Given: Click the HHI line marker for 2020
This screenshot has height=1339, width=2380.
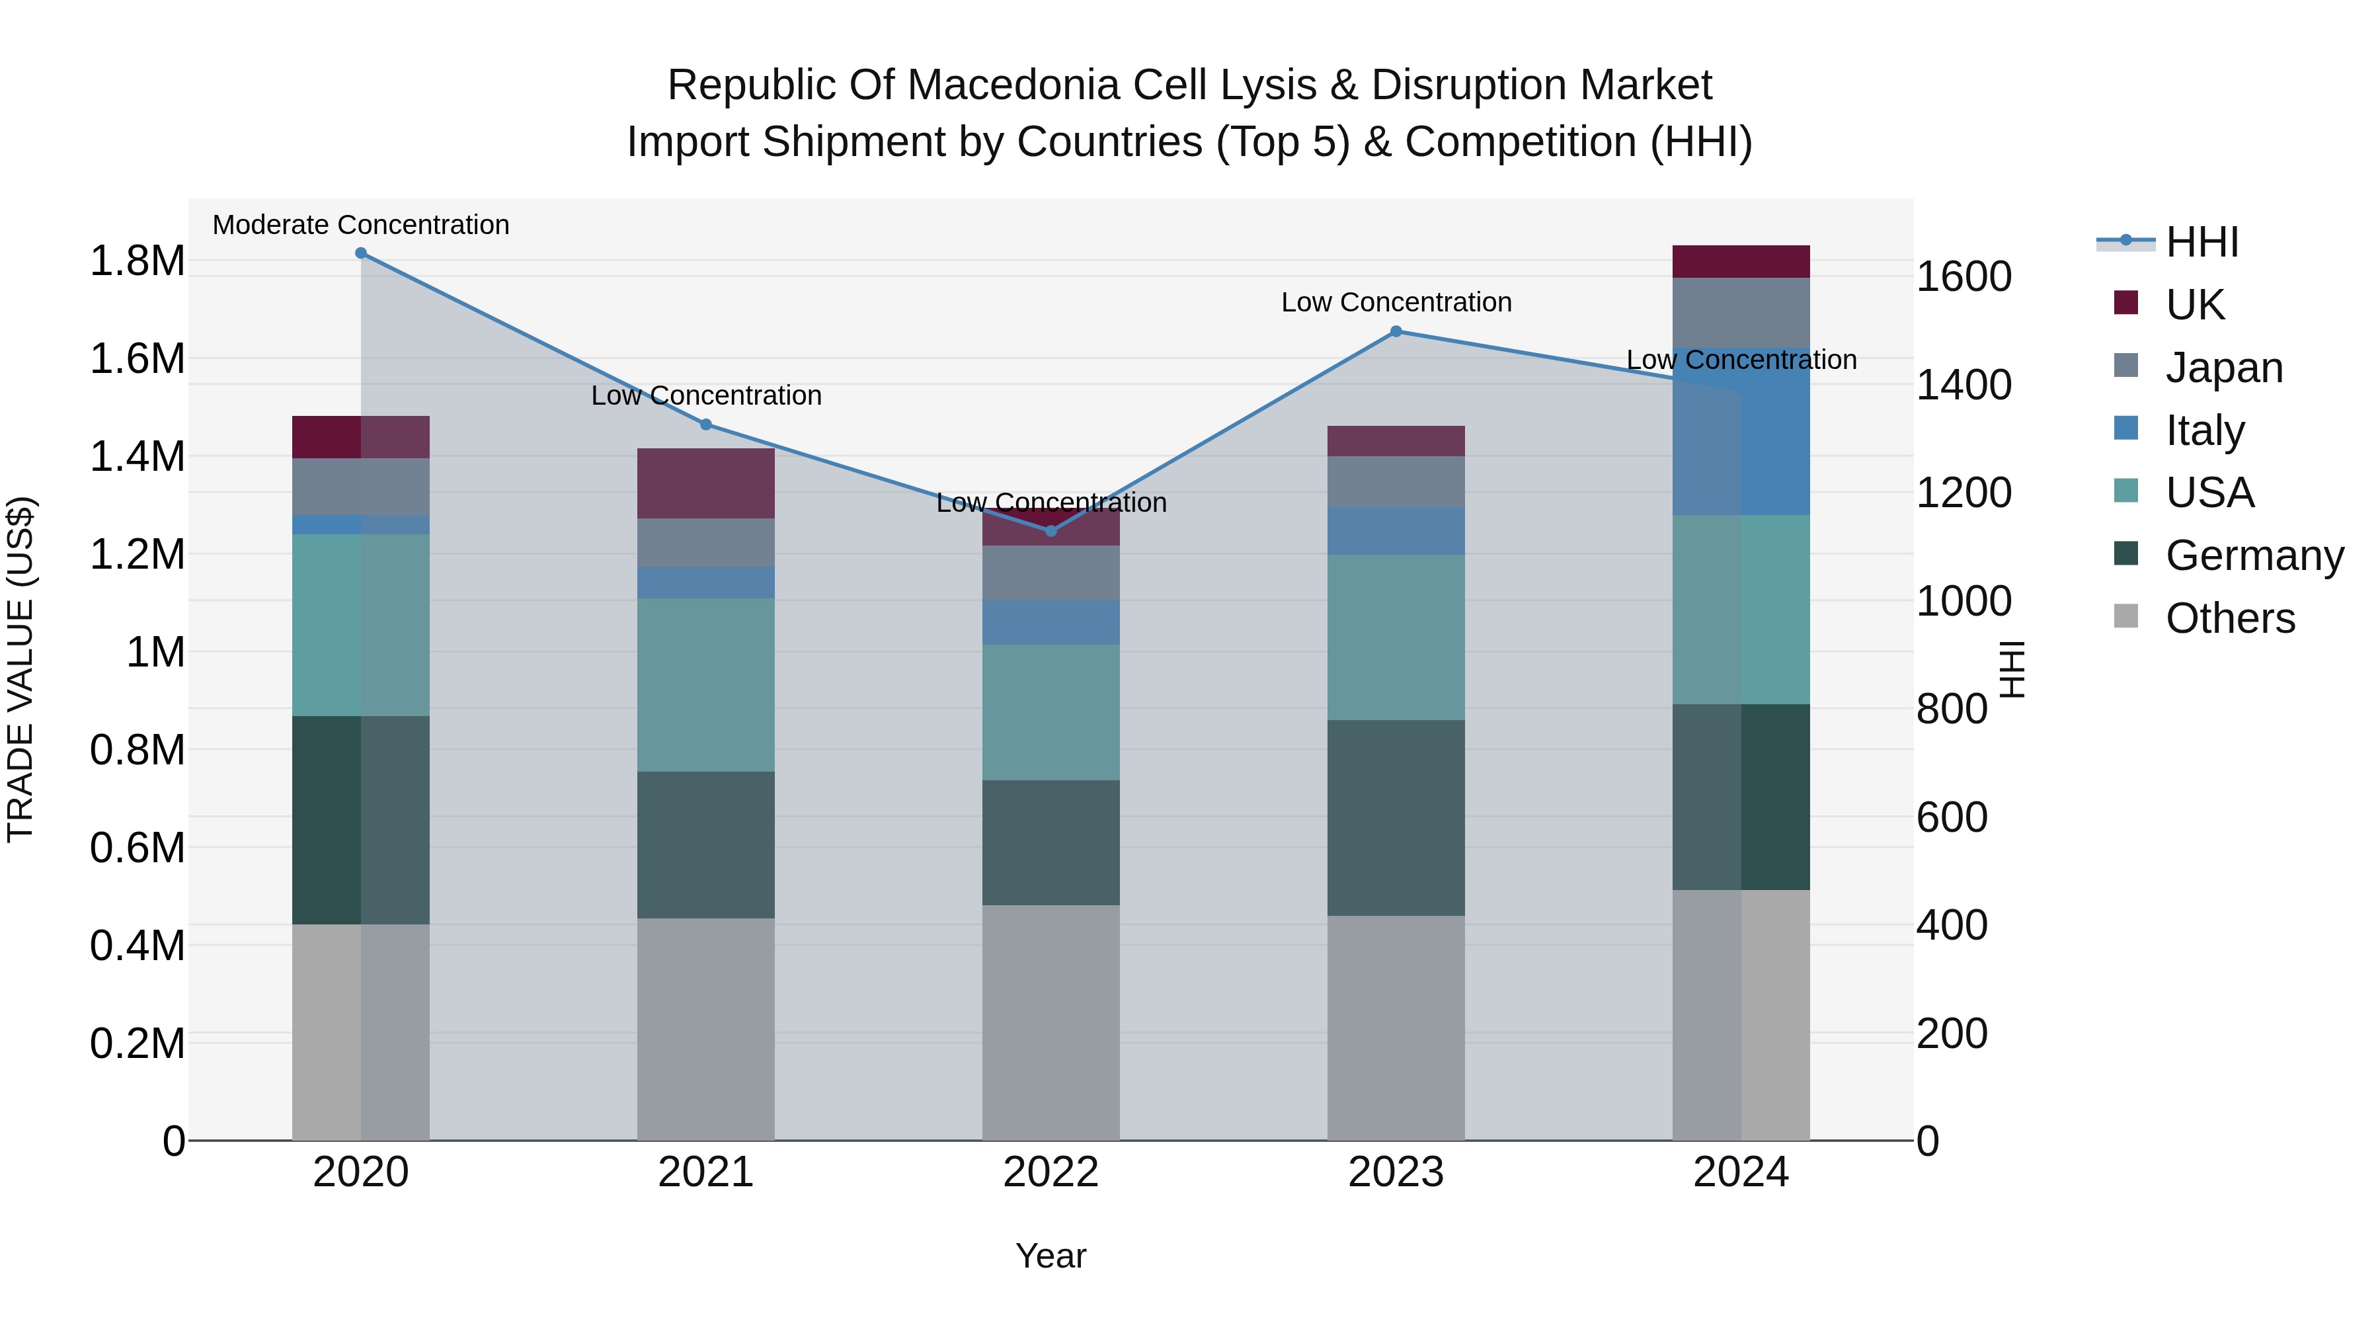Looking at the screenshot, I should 361,253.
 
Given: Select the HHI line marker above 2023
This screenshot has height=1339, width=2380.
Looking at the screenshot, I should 1396,331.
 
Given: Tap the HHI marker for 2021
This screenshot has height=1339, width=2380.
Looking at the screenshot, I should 706,424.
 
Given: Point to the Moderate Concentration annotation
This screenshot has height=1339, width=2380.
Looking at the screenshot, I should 361,225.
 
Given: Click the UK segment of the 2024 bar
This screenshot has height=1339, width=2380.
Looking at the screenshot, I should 1741,261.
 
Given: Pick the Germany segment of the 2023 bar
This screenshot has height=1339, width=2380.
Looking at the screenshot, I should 1396,818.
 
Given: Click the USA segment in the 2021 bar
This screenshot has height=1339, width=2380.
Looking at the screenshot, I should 706,685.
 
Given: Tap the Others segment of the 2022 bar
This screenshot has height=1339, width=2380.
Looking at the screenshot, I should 1051,1022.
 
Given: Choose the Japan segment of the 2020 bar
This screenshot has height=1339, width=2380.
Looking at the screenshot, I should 361,486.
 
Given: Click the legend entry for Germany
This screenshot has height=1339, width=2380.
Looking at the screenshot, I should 2254,555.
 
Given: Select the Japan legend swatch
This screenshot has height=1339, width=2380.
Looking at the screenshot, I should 2126,366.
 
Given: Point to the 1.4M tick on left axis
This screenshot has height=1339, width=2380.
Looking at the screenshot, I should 138,456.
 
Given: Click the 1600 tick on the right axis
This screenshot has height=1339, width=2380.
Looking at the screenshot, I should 1963,276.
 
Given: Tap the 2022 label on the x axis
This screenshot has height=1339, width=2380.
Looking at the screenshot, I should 1051,1172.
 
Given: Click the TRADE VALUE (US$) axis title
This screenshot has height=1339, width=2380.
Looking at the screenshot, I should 20,669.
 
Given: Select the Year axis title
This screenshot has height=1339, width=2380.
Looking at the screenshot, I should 1051,1256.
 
